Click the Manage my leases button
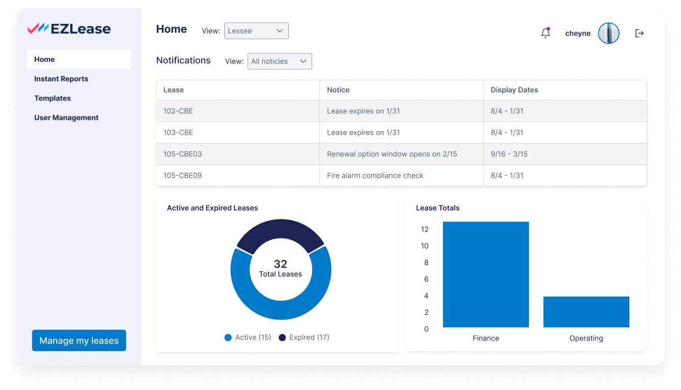click(79, 340)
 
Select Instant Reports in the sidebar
click(61, 79)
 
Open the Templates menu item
click(53, 98)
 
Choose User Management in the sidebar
click(66, 117)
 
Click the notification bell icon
click(546, 33)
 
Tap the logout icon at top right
click(639, 33)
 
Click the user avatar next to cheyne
click(608, 33)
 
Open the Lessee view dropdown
click(256, 31)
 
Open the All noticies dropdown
click(279, 61)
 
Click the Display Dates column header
click(514, 90)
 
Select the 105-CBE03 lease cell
click(183, 154)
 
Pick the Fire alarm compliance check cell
click(375, 176)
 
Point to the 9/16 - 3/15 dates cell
click(509, 154)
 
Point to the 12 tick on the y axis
click(425, 229)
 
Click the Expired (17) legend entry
click(304, 337)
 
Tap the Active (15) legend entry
click(248, 337)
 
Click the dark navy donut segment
click(280, 234)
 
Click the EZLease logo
click(69, 29)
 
